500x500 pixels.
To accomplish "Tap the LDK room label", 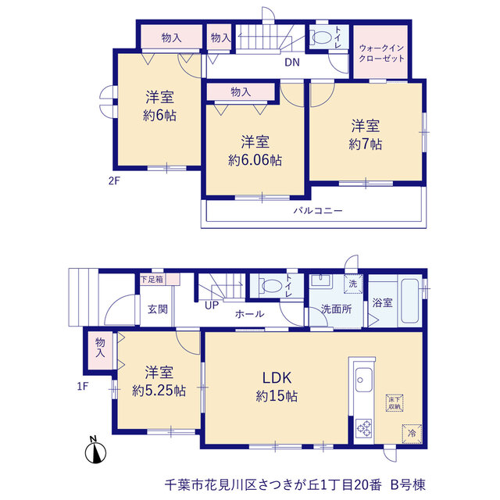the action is (x=277, y=377).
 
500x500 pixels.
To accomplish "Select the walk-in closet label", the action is (x=381, y=53).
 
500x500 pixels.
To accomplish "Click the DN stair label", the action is (x=292, y=62).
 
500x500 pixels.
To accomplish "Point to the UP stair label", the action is (x=212, y=305).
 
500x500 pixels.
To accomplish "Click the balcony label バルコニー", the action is (x=318, y=210).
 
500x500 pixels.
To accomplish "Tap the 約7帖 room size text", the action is (x=366, y=145).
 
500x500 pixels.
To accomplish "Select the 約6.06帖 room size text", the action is (x=255, y=160).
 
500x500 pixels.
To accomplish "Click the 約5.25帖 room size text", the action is (x=159, y=391).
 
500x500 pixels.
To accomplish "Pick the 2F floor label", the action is (x=114, y=181).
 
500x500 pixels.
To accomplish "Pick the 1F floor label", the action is (x=83, y=387).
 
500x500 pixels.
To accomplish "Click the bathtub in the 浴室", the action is (x=409, y=301).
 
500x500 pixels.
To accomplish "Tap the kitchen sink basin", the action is (x=363, y=380).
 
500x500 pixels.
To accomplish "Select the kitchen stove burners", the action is (x=363, y=427).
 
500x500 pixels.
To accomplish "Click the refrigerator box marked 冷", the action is (x=412, y=434).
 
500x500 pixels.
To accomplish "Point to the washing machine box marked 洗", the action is (x=353, y=284).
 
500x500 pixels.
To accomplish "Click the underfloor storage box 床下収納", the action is (x=395, y=403).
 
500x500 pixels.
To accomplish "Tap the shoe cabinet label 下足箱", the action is (x=152, y=280).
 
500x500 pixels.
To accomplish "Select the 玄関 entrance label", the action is (x=157, y=309).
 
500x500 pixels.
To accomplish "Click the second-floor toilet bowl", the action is (x=321, y=37).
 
